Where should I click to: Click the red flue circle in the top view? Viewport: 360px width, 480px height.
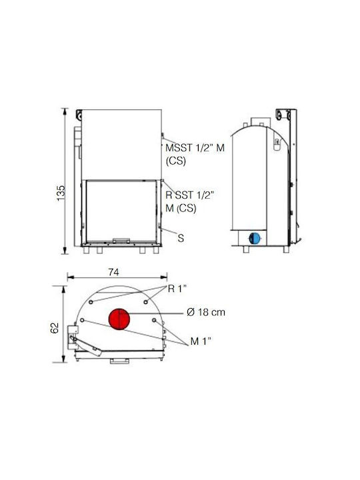119,319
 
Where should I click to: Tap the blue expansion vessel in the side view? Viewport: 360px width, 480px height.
255,238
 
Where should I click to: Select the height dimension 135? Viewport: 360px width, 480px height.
61,193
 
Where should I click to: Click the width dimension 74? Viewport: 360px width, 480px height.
113,272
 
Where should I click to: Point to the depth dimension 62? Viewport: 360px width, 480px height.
54,328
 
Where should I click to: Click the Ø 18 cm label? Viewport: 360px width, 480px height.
206,312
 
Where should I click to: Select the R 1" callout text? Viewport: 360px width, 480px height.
177,289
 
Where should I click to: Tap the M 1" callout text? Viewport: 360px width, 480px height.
201,341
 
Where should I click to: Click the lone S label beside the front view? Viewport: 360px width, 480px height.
181,238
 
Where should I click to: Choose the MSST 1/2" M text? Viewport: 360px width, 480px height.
195,148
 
